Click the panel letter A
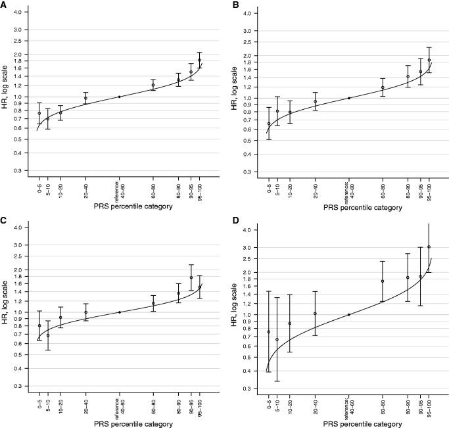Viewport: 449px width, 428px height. [x=4, y=4]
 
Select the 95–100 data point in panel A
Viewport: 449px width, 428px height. [x=199, y=60]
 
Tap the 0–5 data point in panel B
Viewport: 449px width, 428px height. [x=268, y=124]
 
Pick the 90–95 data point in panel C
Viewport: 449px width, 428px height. [x=191, y=277]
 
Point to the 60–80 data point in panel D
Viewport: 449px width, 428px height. [x=382, y=281]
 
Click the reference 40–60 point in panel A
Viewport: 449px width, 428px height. [x=119, y=97]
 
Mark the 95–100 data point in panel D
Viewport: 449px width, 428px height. [x=429, y=247]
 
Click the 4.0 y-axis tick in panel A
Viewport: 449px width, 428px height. [x=16, y=12]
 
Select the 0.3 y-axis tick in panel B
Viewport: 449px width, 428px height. [x=245, y=172]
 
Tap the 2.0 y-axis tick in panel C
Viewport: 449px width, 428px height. [x=16, y=270]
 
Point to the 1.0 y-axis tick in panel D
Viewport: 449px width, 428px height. [x=245, y=315]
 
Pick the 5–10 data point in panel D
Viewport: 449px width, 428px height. [x=277, y=339]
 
